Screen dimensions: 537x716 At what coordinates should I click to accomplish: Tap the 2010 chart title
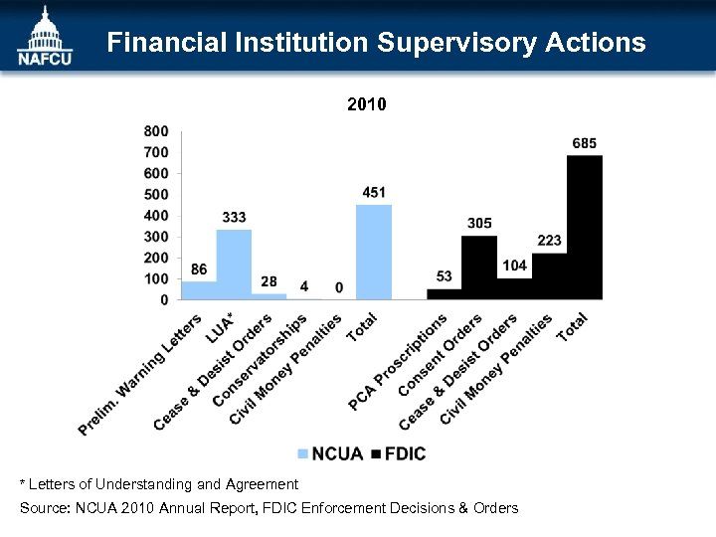(366, 103)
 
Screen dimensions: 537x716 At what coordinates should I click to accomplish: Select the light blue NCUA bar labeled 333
(234, 265)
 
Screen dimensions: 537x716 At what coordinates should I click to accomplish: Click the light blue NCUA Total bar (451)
(374, 252)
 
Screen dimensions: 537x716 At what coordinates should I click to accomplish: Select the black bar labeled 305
(479, 267)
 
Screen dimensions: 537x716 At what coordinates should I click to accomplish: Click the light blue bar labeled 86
(199, 289)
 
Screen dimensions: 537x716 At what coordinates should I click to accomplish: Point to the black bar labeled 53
(444, 293)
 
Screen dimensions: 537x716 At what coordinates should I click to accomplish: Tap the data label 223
(549, 241)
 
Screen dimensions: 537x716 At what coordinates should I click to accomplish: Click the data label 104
(514, 266)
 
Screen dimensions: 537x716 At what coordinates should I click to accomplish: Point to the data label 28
(268, 281)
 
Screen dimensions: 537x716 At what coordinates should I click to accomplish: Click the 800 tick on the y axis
(156, 131)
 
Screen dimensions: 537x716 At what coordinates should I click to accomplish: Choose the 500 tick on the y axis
(156, 195)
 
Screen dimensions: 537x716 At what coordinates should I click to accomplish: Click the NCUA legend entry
(331, 454)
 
